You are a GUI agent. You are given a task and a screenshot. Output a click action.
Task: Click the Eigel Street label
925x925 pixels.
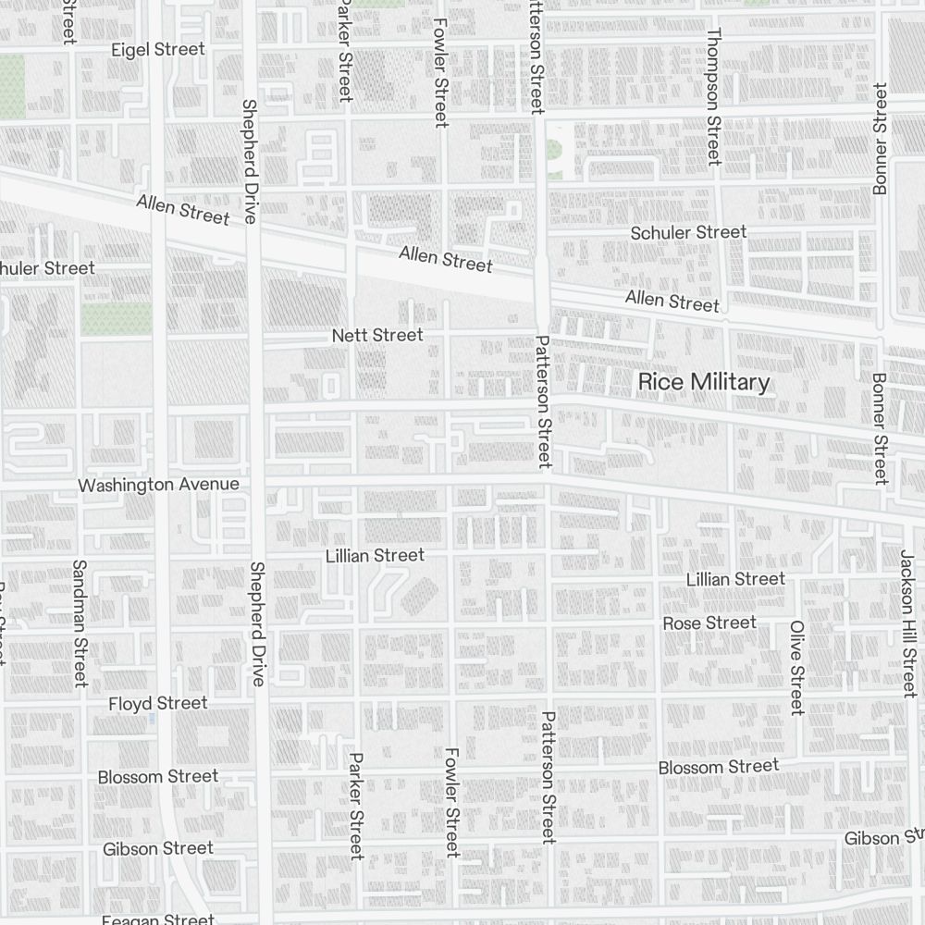pos(157,50)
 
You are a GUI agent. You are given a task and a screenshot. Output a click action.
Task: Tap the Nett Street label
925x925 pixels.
pos(377,335)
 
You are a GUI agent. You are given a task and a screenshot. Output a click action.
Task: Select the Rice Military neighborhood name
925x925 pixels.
pos(704,382)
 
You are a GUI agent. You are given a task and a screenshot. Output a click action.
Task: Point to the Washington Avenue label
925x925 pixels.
pos(158,485)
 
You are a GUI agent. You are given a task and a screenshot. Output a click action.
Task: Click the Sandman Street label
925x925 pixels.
pos(79,623)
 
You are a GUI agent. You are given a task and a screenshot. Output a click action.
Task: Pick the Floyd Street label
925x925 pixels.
pos(157,703)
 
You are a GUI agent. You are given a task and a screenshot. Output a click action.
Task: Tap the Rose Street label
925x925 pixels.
pos(709,623)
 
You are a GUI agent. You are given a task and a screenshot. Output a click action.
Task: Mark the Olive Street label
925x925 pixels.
pos(796,667)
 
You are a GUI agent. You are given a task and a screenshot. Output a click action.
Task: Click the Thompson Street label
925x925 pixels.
pos(712,95)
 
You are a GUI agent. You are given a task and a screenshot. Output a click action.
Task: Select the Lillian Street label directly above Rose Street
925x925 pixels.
pos(735,579)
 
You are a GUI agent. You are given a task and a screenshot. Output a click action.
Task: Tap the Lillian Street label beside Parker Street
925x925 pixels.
pos(375,555)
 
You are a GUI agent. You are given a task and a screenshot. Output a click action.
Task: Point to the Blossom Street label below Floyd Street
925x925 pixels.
pos(158,776)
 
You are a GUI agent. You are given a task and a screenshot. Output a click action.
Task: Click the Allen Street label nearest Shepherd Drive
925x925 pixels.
pos(182,209)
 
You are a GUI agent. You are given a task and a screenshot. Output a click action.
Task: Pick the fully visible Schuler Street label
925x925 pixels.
pos(688,232)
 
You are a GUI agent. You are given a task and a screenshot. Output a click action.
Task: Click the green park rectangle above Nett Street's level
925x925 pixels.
pos(116,319)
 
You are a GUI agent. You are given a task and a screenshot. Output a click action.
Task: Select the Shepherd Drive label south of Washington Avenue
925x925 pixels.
pos(257,623)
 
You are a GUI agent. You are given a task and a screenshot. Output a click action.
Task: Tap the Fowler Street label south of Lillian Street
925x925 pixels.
pos(451,802)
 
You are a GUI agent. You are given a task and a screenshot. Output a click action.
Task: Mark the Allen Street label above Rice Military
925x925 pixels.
pos(672,301)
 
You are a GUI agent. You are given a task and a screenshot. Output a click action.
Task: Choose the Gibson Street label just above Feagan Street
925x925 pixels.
pos(158,848)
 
